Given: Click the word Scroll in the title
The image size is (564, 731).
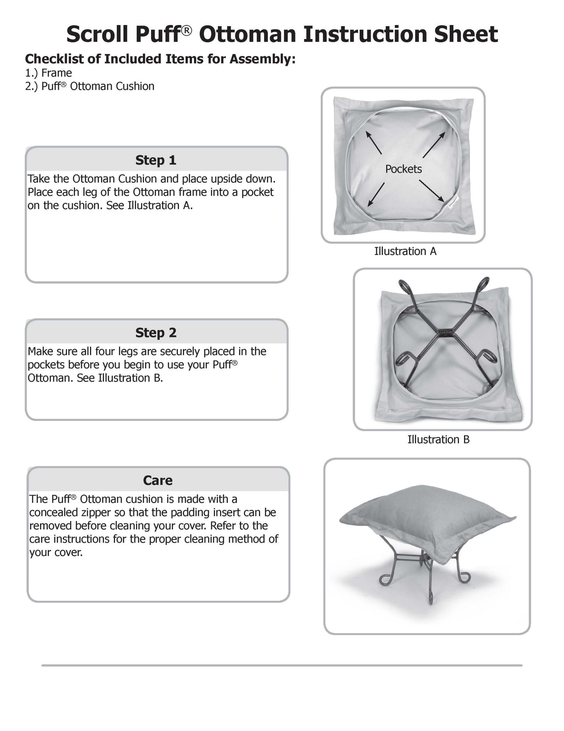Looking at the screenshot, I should coord(97,34).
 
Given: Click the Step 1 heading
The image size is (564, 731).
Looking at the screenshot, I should coord(156,160).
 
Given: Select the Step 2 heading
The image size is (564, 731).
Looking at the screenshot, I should coord(156,333).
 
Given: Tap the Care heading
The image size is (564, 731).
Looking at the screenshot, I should coord(158,480).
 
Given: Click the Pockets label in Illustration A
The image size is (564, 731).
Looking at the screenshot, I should coord(403,169).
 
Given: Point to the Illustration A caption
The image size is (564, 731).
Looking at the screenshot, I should coord(405,251).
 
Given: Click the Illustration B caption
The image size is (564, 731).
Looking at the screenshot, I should coord(438,439).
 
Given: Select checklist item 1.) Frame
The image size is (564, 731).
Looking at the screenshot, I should coord(49,73).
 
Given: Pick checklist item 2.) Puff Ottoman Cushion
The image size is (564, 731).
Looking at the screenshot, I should coord(90,86).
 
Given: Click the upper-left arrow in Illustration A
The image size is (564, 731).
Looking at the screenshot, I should coord(373,143).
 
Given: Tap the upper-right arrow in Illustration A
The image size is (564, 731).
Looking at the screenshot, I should coord(434,145).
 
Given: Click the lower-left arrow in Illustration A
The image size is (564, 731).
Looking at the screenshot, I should coord(376,194).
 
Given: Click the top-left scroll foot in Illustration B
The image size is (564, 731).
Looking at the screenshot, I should coord(403,286).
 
